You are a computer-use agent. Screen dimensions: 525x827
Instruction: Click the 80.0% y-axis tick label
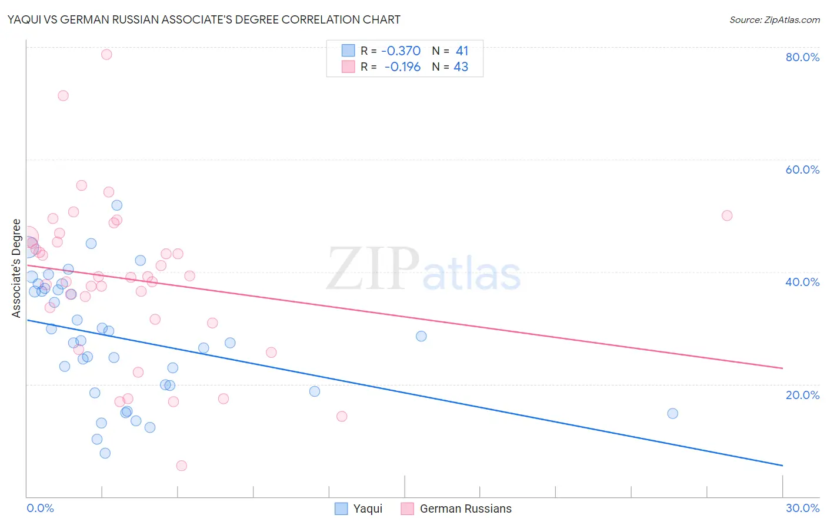click(802, 57)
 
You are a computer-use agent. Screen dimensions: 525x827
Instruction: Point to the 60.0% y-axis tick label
click(802, 170)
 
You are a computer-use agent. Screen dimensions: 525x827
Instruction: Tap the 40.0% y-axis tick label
click(802, 282)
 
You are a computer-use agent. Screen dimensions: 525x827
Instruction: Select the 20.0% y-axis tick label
click(802, 394)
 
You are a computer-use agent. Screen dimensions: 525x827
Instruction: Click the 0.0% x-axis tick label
click(40, 508)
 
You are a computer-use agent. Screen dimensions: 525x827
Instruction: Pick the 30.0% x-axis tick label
click(802, 508)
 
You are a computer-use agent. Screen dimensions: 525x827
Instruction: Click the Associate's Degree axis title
click(16, 268)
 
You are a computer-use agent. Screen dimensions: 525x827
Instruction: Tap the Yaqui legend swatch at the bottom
click(341, 509)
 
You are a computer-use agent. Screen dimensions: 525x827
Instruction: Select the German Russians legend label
click(465, 509)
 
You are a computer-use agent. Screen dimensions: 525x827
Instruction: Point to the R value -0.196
click(403, 67)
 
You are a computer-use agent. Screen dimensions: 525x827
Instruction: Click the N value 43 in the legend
click(461, 67)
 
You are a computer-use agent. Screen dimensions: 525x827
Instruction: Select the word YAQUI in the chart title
click(24, 19)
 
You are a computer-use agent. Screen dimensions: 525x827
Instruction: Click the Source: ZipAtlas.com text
click(774, 19)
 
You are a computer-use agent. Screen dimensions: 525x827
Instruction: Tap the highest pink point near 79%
click(106, 54)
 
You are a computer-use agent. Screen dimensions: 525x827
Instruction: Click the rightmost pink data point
click(727, 215)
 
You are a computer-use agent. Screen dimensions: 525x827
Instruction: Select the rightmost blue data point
click(673, 413)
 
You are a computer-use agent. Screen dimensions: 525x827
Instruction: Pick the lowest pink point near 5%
click(182, 466)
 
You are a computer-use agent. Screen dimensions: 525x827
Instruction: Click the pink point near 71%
click(63, 95)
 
